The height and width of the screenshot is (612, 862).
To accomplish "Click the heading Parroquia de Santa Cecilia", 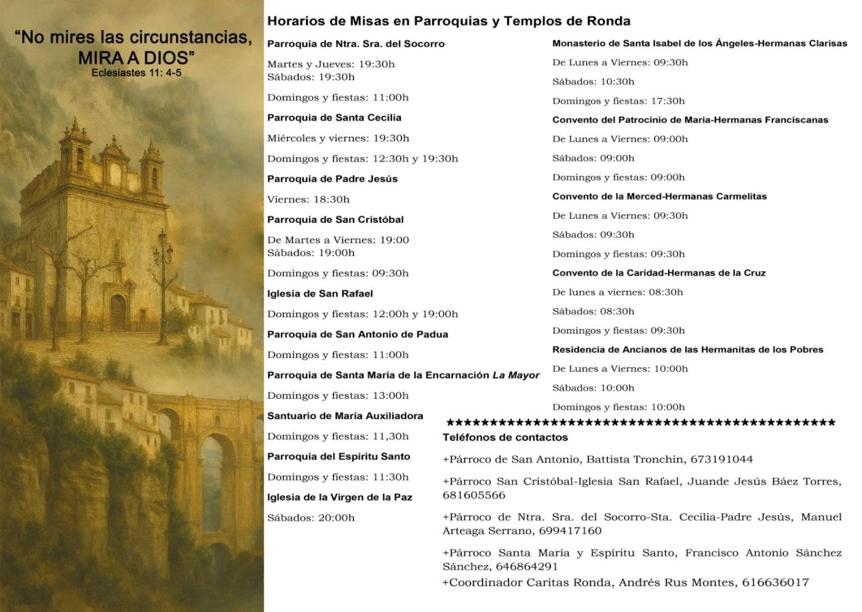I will point(334,118).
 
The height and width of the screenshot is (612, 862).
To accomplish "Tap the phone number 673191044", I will point(722,459).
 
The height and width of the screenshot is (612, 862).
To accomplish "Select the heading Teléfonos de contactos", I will point(505,438).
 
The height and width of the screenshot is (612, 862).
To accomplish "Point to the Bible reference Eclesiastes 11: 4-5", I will point(136,73).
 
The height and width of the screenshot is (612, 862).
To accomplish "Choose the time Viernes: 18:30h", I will point(308,199).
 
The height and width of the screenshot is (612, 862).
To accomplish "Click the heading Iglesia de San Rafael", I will point(320,294).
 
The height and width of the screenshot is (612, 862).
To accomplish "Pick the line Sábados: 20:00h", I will point(311,518).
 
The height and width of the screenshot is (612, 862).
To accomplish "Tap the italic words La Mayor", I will point(516,375).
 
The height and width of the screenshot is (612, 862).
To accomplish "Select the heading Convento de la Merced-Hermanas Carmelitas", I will point(659,196).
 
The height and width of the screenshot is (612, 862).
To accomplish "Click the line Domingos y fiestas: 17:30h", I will point(618,101).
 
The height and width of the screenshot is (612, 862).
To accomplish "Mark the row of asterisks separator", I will point(640,423).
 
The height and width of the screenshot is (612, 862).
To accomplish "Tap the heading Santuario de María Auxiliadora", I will point(345,416).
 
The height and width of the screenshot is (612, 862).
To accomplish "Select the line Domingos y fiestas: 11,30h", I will point(338,437).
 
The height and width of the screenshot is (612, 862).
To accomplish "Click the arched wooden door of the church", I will point(118,311).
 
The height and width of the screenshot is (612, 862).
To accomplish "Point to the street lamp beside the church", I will point(164,252).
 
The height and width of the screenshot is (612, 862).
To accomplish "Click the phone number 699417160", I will point(570,531).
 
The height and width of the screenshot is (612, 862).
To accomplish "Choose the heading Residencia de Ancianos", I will point(688,350).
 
